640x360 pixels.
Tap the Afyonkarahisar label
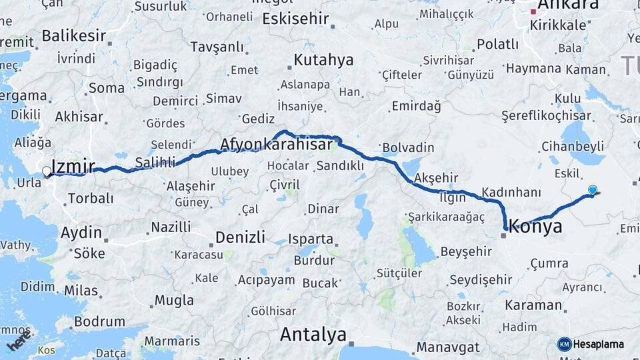pyautogui.click(x=276, y=145)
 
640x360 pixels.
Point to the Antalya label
pyautogui.click(x=313, y=334)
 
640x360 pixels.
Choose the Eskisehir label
pyautogui.click(x=296, y=19)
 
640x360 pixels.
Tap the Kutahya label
pyautogui.click(x=324, y=61)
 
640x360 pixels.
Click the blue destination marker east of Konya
pyautogui.click(x=593, y=191)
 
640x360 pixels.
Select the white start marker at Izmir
pyautogui.click(x=47, y=171)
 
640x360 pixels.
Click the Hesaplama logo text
pyautogui.click(x=599, y=344)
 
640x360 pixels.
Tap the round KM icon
pyautogui.click(x=564, y=344)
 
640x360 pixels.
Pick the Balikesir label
pyautogui.click(x=74, y=35)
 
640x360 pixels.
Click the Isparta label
pyautogui.click(x=311, y=238)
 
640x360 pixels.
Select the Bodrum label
pyautogui.click(x=99, y=321)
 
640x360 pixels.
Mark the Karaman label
pyautogui.click(x=533, y=305)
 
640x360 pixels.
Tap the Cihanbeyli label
pyautogui.click(x=573, y=146)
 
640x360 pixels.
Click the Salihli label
pyautogui.click(x=155, y=162)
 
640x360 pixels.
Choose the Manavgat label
pyautogui.click(x=448, y=347)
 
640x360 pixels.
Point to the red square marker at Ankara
pyautogui.click(x=533, y=11)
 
